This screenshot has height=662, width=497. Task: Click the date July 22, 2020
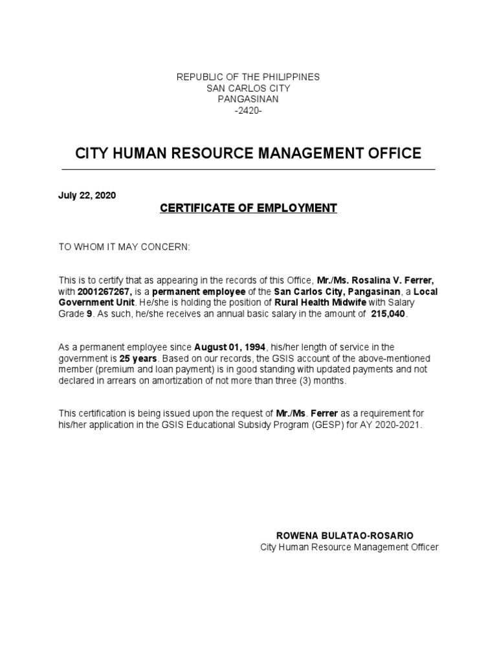[x=87, y=195]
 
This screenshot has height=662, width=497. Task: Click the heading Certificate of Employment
[x=248, y=208]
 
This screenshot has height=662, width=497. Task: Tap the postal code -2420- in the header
[x=248, y=111]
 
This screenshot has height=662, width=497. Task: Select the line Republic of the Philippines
[x=248, y=77]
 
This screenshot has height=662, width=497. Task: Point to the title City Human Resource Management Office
[x=248, y=154]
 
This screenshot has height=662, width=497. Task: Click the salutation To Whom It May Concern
[x=125, y=247]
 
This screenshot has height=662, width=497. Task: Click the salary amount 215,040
[x=390, y=314]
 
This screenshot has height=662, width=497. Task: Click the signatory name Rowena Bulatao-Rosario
[x=345, y=536]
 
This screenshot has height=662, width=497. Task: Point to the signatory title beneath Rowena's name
[x=349, y=548]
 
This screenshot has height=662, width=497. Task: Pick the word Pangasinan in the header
[x=248, y=100]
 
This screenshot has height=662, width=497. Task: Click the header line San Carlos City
[x=248, y=88]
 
